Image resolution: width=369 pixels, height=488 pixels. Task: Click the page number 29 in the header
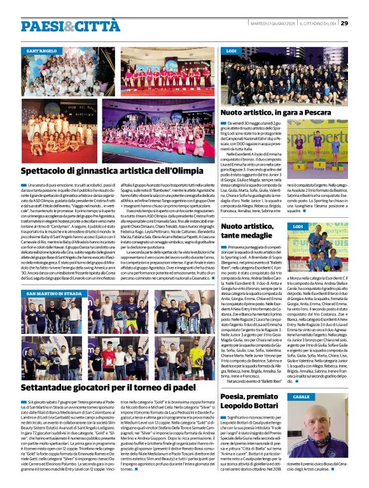[344, 24]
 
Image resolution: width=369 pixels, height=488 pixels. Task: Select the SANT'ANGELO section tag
[41, 50]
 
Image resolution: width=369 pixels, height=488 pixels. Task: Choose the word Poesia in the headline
[236, 397]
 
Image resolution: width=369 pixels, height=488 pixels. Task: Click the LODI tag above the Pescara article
[232, 50]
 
